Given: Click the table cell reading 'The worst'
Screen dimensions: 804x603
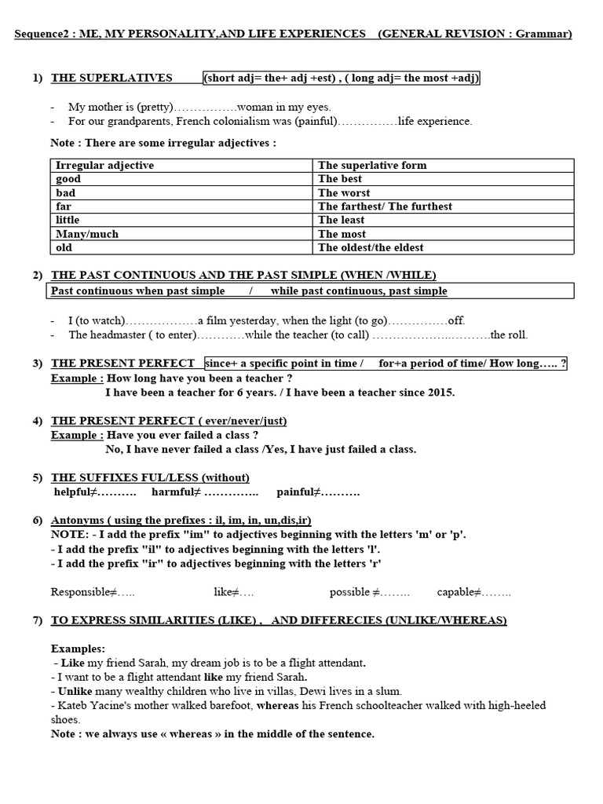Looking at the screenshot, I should (344, 192).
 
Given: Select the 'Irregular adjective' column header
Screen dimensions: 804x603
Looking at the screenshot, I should (105, 165).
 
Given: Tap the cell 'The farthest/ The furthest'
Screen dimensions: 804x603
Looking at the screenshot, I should (385, 206).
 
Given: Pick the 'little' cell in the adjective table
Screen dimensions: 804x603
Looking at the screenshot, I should (68, 220).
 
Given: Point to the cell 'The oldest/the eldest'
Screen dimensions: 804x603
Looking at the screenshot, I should (371, 247).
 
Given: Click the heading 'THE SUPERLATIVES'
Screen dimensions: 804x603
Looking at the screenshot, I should (111, 78).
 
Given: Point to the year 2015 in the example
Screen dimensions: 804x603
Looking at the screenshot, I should (440, 392).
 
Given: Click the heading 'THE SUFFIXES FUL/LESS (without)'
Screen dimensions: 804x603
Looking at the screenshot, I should (150, 477).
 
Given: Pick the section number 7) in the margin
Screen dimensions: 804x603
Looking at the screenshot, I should (37, 620).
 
